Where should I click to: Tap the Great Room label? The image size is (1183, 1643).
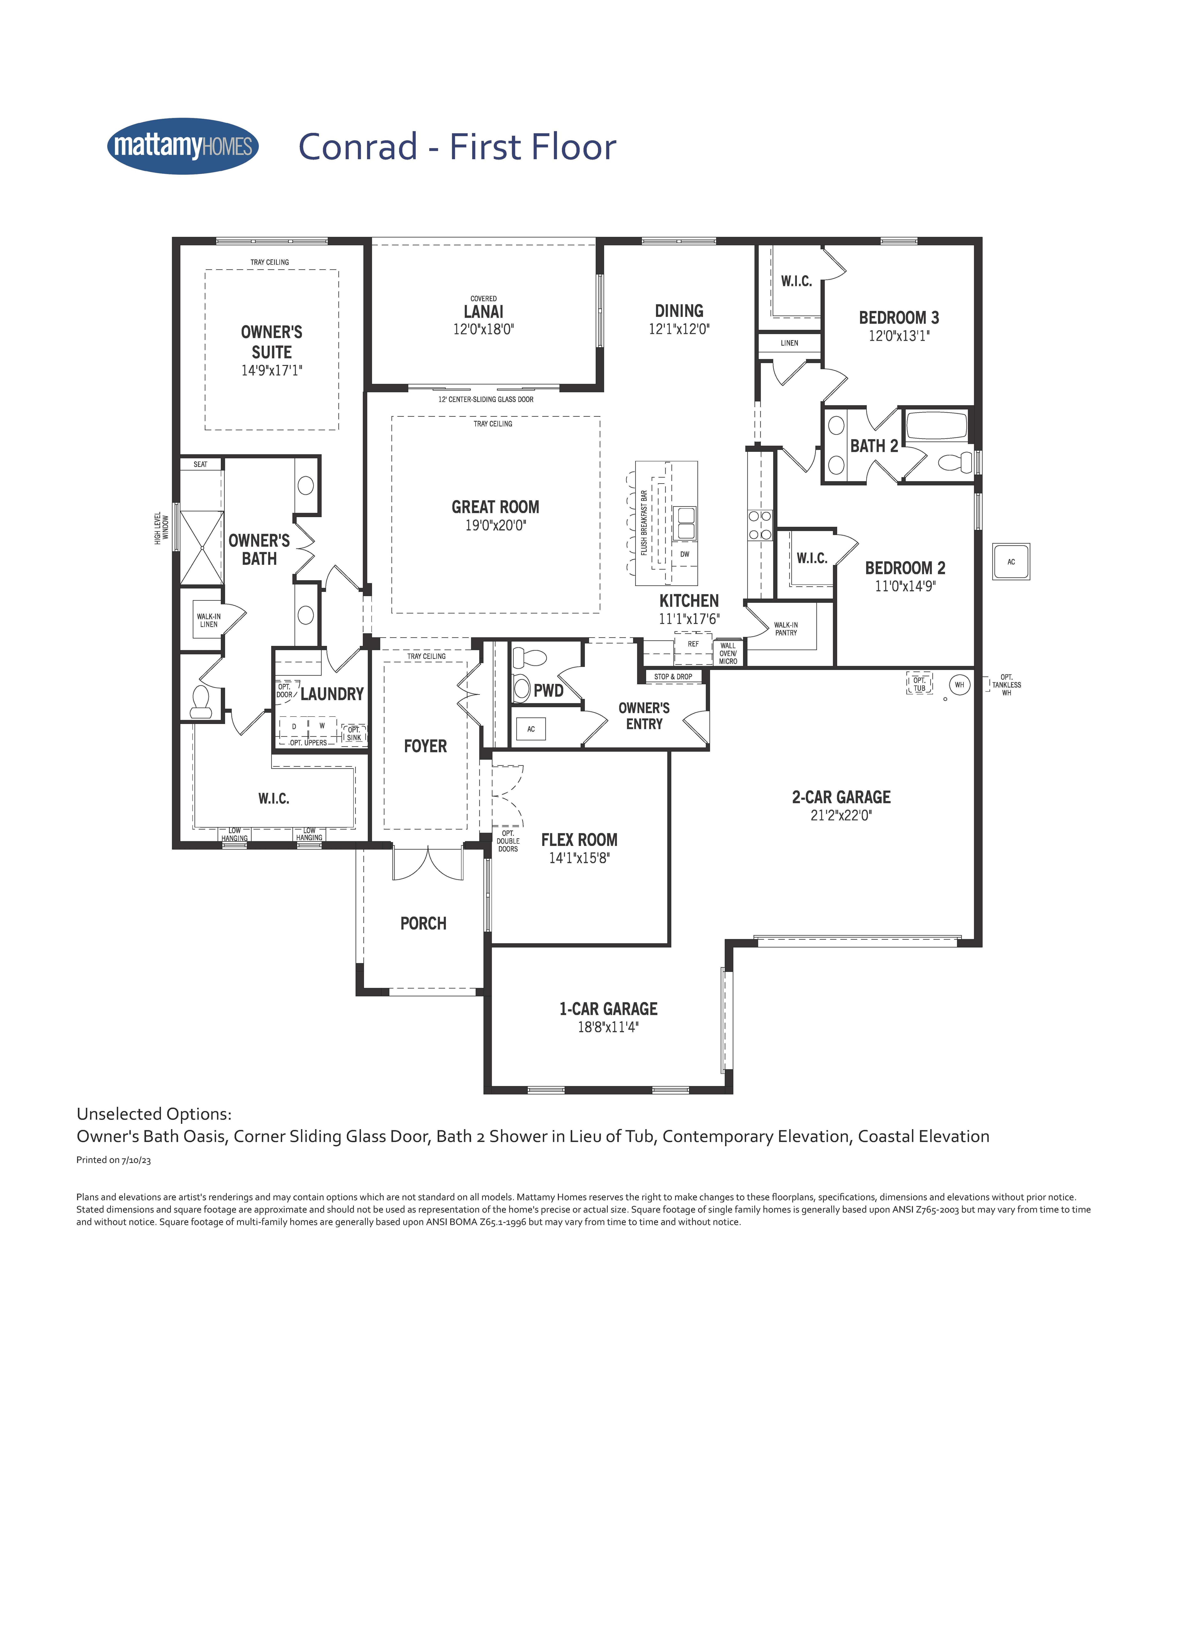[x=496, y=507]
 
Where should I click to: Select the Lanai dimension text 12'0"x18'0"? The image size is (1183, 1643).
[x=483, y=329]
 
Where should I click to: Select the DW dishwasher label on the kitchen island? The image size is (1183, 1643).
[x=685, y=554]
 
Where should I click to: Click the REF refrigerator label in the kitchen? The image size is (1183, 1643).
[x=693, y=644]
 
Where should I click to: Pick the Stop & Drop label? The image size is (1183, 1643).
[x=673, y=677]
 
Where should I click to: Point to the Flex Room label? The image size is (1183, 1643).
[x=580, y=840]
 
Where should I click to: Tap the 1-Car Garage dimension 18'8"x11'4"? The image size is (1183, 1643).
[x=608, y=1027]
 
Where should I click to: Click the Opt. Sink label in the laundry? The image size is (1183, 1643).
[x=353, y=734]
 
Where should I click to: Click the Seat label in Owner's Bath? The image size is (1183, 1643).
[x=201, y=464]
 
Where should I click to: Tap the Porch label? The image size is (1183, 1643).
[x=424, y=924]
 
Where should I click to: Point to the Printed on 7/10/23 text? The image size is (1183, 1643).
[x=114, y=1160]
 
